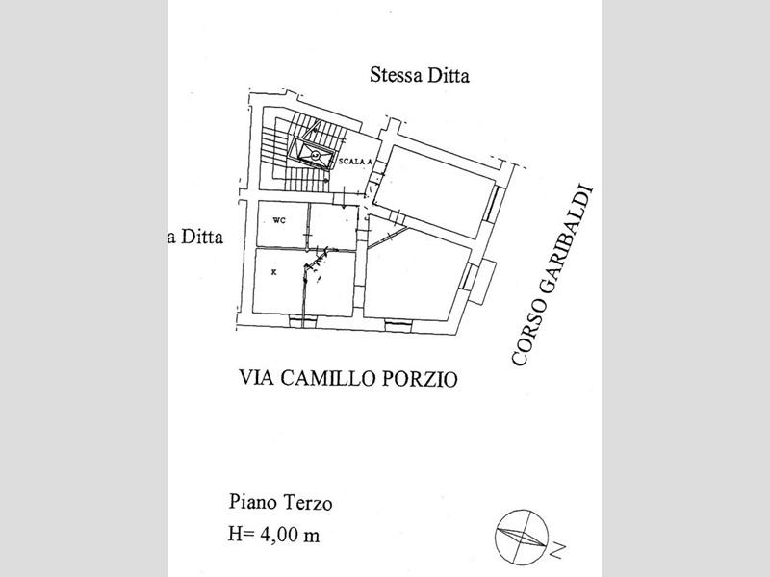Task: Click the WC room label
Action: [279, 221]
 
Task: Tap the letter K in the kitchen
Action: [274, 272]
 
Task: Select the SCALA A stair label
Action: [355, 161]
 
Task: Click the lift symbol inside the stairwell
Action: [315, 154]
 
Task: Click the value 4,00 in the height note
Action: [280, 535]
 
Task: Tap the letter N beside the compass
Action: [557, 549]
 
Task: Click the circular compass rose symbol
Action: [522, 537]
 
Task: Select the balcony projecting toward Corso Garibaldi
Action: [481, 282]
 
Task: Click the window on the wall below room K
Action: [302, 321]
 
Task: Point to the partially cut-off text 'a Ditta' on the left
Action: [195, 237]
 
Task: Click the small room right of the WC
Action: [333, 227]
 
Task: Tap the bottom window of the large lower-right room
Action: [398, 325]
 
